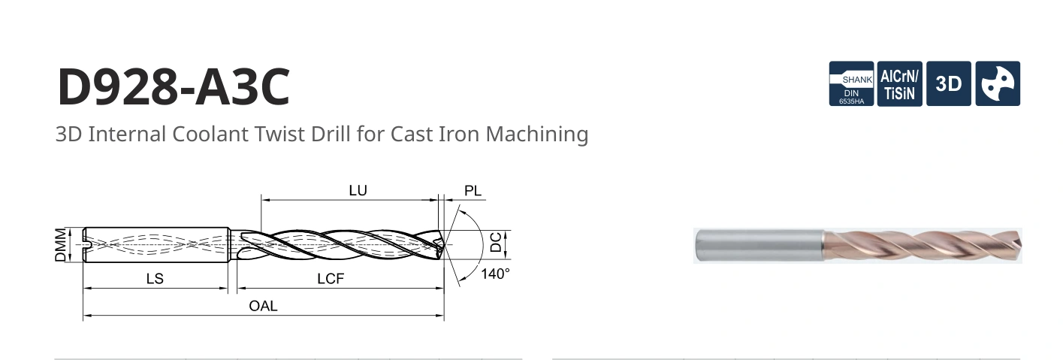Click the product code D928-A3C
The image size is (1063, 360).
(x=174, y=87)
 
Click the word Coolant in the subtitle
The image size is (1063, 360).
(x=210, y=134)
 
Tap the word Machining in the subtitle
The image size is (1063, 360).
(x=536, y=135)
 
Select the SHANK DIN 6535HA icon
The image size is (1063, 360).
(x=851, y=83)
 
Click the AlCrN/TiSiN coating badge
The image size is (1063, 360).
(x=900, y=83)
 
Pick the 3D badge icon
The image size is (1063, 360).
(x=949, y=83)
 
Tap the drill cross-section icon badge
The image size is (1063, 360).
(x=998, y=83)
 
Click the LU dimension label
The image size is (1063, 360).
(x=358, y=190)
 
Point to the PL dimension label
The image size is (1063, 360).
(x=473, y=191)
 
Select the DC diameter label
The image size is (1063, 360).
(x=495, y=242)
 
